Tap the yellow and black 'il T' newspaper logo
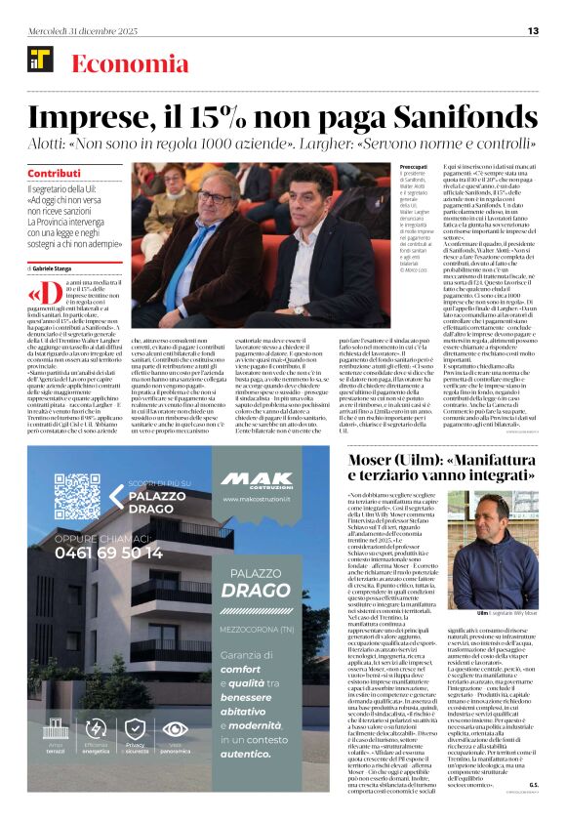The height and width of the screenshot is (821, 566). click(x=40, y=60)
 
